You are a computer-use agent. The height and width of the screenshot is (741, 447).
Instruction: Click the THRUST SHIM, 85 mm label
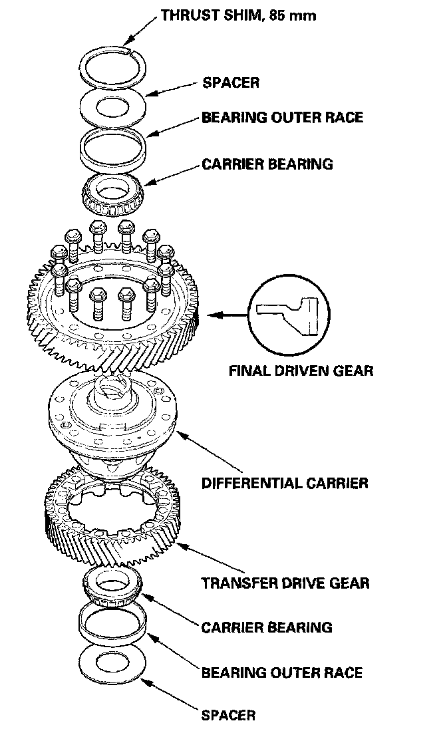click(x=238, y=15)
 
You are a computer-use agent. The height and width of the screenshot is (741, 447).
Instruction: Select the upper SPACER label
click(x=230, y=83)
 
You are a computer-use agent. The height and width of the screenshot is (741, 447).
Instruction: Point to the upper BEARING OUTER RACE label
click(x=282, y=117)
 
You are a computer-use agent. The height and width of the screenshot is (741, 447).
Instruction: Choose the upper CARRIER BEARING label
click(x=267, y=163)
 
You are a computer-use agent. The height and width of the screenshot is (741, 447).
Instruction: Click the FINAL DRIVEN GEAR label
click(x=301, y=371)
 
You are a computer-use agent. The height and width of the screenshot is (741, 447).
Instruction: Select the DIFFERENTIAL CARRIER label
click(x=285, y=482)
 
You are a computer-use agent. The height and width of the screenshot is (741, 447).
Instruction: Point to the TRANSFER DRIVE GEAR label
click(x=285, y=583)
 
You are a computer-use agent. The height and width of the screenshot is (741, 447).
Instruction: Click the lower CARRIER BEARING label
click(x=267, y=627)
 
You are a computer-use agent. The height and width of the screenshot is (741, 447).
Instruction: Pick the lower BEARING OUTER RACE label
click(x=282, y=672)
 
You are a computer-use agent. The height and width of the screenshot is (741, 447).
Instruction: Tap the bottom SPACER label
click(x=228, y=716)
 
